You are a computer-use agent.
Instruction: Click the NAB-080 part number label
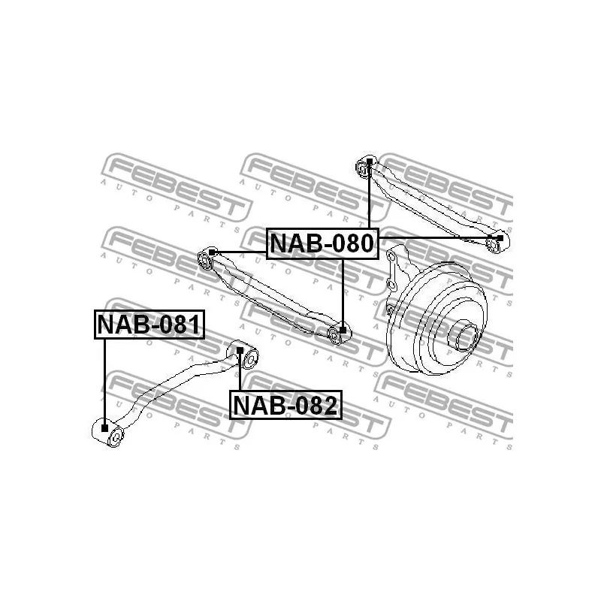(322, 243)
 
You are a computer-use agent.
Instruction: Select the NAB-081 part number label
(149, 325)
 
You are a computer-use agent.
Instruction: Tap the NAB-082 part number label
(285, 405)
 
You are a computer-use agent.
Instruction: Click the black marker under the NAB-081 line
(104, 427)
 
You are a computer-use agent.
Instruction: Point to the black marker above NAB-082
(240, 350)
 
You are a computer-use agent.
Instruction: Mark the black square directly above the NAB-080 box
(370, 161)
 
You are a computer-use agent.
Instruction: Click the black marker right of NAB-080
(500, 238)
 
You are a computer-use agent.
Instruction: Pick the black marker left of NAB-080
(212, 252)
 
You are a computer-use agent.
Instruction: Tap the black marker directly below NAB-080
(343, 330)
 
